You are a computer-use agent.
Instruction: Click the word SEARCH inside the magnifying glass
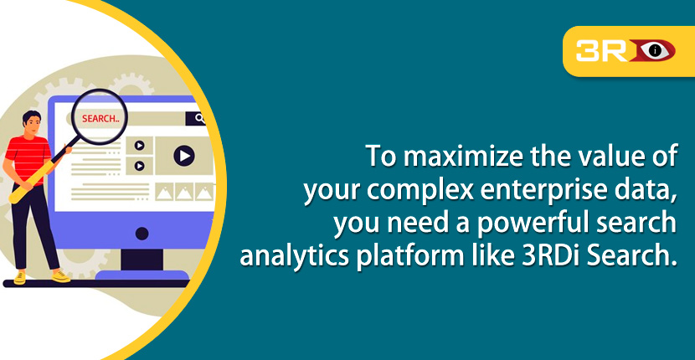click(x=100, y=118)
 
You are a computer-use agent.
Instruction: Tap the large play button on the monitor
click(x=184, y=155)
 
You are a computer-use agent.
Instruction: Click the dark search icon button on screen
click(x=200, y=119)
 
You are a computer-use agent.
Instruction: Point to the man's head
click(x=32, y=121)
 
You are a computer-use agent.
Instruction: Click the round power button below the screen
click(x=142, y=233)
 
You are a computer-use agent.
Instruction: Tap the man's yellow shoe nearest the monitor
click(x=60, y=275)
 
